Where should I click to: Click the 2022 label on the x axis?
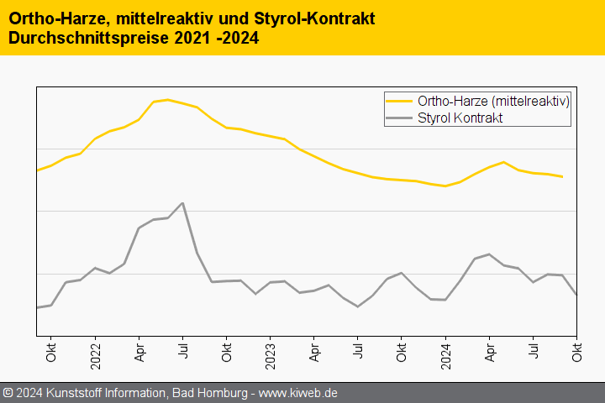click(95, 348)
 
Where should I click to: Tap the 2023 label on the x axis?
click(270, 348)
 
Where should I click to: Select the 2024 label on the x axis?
click(445, 348)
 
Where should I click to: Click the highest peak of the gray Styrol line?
click(182, 203)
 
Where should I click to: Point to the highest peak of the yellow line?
click(168, 100)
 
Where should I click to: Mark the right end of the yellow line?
click(562, 176)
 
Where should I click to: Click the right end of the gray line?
click(576, 295)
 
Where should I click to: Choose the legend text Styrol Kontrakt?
click(460, 118)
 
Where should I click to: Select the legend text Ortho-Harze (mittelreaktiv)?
click(494, 102)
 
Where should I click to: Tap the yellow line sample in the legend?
click(400, 102)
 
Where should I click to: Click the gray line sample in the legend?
click(400, 118)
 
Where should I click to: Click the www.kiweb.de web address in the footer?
click(300, 393)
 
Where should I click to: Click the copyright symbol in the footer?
click(8, 393)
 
